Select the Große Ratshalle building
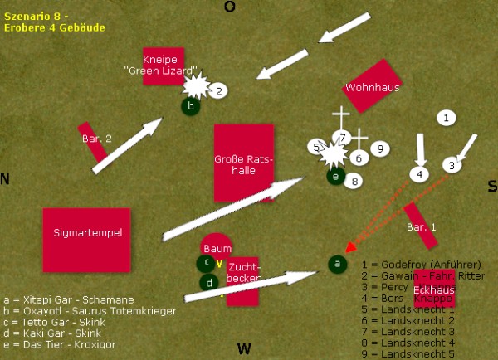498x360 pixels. (244, 163)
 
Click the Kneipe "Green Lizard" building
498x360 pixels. (163, 66)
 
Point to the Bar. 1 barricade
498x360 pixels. (420, 226)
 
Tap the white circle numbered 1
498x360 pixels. (447, 119)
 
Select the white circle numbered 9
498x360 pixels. (379, 148)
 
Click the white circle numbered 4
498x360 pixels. (420, 174)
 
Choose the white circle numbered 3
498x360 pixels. (452, 165)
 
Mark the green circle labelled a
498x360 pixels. (337, 264)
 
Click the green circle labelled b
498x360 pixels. (190, 106)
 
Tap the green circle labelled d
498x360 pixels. (209, 282)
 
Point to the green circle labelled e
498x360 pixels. (335, 176)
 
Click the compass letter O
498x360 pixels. (230, 7)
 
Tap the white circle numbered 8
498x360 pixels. (355, 180)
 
